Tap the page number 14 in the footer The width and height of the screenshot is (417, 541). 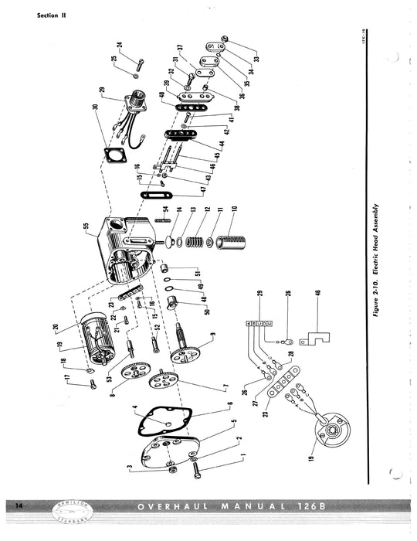pyautogui.click(x=19, y=505)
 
